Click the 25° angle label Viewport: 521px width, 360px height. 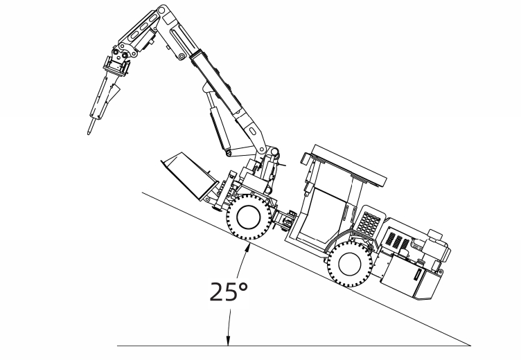pyautogui.click(x=229, y=291)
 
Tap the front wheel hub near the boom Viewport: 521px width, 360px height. pyautogui.click(x=248, y=217)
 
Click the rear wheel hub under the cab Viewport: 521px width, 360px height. pyautogui.click(x=350, y=263)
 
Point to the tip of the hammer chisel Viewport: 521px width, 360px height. pyautogui.click(x=89, y=134)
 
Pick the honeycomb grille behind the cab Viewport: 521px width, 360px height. pyautogui.click(x=368, y=222)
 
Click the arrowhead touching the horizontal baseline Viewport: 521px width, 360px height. pyautogui.click(x=228, y=341)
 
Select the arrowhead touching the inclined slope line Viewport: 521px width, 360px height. pyautogui.click(x=247, y=247)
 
